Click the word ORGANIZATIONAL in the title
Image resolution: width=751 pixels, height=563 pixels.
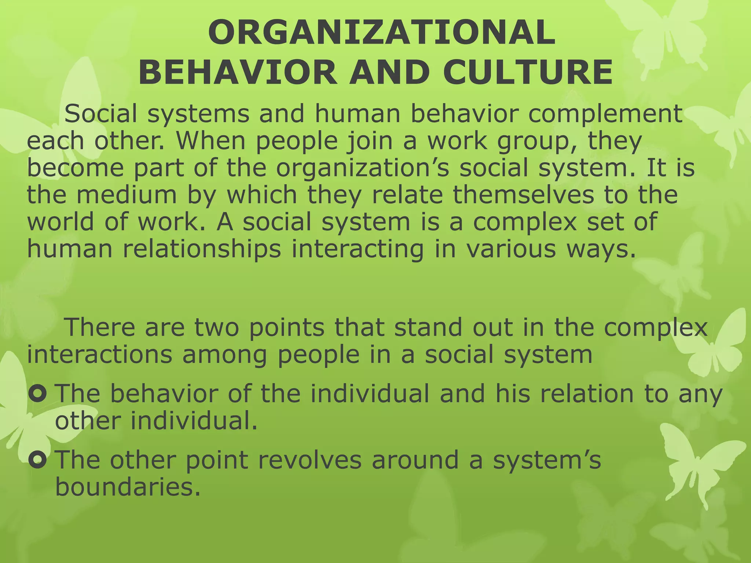pyautogui.click(x=382, y=33)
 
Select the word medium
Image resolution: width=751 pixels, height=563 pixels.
pyautogui.click(x=127, y=195)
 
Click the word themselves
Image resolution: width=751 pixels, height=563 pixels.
pyautogui.click(x=523, y=195)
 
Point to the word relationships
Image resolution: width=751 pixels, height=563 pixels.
pyautogui.click(x=202, y=249)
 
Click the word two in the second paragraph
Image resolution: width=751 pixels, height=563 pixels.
pyautogui.click(x=216, y=327)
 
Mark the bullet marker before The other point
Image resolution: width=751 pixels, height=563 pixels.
pyautogui.click(x=37, y=460)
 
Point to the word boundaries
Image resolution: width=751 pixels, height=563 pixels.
pyautogui.click(x=128, y=487)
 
